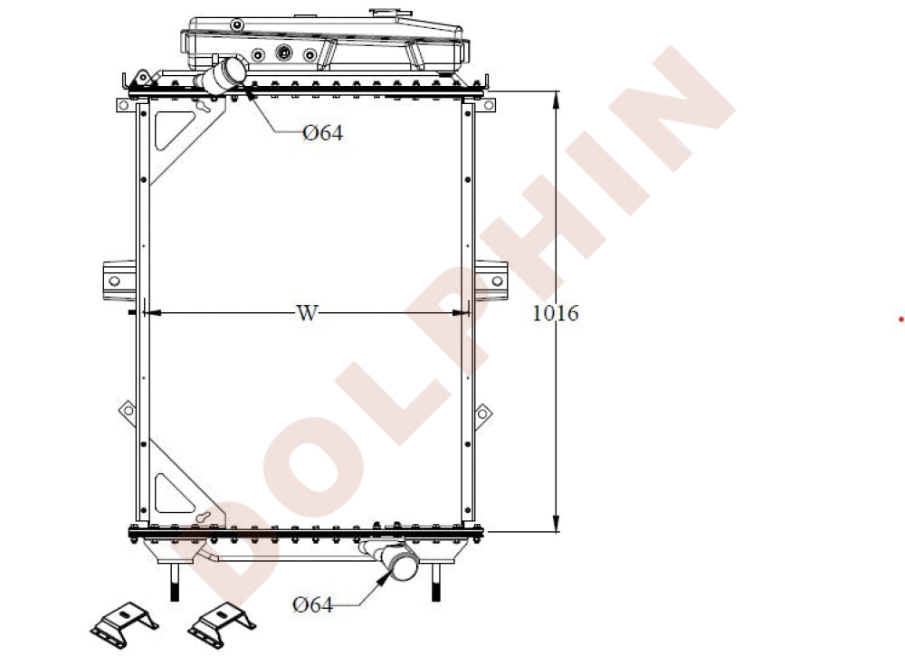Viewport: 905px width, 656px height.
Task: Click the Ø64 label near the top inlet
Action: (323, 133)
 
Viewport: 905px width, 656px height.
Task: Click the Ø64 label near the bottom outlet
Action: (312, 604)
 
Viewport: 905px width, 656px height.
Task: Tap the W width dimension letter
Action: (307, 313)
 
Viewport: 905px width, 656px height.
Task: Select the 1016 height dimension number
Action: (555, 313)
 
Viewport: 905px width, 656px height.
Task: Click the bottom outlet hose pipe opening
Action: (401, 565)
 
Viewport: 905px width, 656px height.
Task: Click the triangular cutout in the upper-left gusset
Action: (171, 128)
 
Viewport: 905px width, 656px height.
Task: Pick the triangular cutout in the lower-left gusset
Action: (169, 493)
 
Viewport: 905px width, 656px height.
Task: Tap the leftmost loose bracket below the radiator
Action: (123, 623)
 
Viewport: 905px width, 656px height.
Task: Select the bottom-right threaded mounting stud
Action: (439, 582)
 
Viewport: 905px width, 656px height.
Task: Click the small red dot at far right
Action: (900, 318)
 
